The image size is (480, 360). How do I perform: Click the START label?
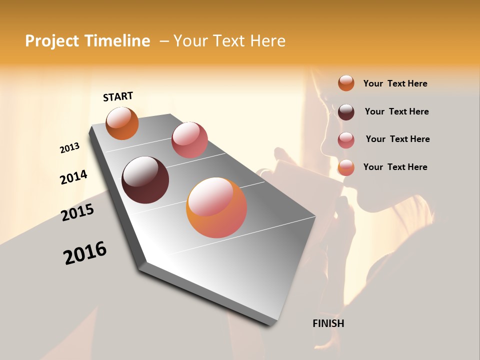point(118,96)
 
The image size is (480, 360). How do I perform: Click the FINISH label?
point(328,323)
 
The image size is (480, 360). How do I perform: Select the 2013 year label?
point(69,148)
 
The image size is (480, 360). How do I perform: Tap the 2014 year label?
point(73,177)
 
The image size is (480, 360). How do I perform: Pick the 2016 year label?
point(85,253)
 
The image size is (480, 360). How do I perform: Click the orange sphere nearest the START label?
point(122,123)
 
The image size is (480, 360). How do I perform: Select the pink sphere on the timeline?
point(189,140)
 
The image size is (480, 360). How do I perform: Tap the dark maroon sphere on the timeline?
point(145,180)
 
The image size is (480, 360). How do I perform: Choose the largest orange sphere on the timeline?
point(216,208)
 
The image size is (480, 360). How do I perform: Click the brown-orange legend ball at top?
point(346,83)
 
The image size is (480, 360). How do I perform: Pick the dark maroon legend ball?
point(346,111)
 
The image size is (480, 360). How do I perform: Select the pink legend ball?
point(346,139)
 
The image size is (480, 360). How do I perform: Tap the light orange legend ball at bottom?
point(346,167)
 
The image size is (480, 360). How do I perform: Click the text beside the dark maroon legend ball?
point(396,111)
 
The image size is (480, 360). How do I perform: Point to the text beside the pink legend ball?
point(397,139)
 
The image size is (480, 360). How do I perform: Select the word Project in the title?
point(51,41)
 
